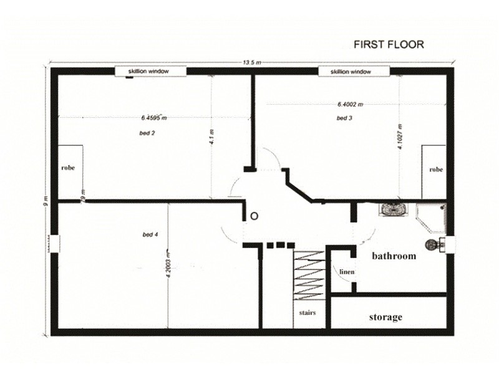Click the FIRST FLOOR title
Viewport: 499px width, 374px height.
click(x=389, y=44)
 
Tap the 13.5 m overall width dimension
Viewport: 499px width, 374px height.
click(x=251, y=62)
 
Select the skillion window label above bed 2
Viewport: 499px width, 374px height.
click(x=150, y=72)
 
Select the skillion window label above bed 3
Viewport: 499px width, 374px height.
click(x=354, y=72)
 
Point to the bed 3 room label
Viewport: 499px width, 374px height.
click(x=344, y=118)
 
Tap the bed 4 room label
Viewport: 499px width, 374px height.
click(x=150, y=234)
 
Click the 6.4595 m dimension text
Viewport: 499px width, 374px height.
click(x=153, y=117)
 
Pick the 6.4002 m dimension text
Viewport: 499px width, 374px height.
click(x=350, y=105)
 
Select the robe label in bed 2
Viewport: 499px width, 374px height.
click(x=68, y=168)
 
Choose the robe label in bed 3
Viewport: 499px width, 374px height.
click(x=435, y=169)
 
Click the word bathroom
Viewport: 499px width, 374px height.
click(x=394, y=256)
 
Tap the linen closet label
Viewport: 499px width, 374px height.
click(x=347, y=272)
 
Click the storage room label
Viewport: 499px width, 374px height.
click(x=385, y=317)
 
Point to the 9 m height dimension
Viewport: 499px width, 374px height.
click(x=46, y=206)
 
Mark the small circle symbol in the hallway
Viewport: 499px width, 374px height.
click(x=253, y=216)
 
